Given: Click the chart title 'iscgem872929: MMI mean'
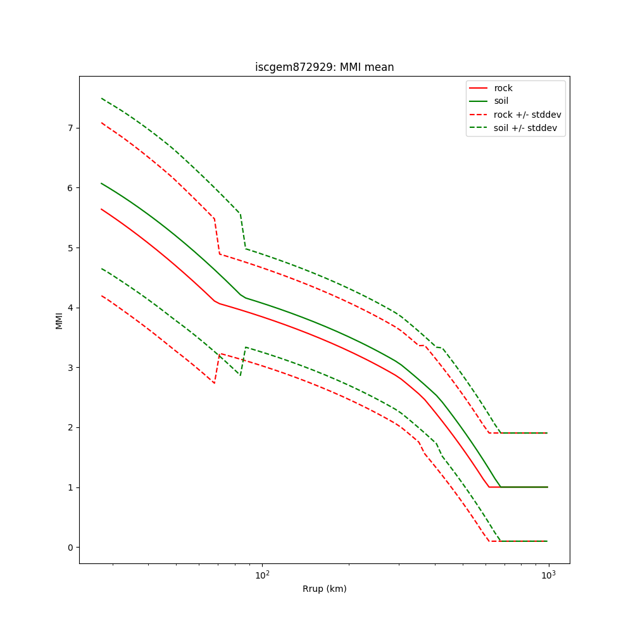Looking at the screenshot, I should click(324, 67).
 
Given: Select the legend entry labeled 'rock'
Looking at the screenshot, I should click(503, 88).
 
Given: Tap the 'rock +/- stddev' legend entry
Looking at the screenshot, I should click(527, 115).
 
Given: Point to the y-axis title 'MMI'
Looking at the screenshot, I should click(59, 320).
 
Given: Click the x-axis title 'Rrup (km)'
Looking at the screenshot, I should click(324, 589).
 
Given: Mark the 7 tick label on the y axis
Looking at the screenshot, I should click(70, 128).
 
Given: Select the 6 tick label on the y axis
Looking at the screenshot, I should click(70, 188).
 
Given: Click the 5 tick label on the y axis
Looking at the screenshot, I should click(70, 248).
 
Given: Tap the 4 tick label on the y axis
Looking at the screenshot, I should click(70, 308).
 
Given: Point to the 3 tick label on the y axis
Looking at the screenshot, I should click(70, 368).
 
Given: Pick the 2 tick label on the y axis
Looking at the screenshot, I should click(70, 427).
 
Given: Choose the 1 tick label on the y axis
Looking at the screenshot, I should click(70, 487).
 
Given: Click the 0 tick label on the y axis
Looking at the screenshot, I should click(70, 548).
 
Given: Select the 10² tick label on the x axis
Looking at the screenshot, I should click(261, 575).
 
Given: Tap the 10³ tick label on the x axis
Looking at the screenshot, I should click(548, 575).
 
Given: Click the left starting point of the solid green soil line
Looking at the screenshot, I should click(101, 183).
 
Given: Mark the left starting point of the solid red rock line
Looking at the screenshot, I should click(101, 209).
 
